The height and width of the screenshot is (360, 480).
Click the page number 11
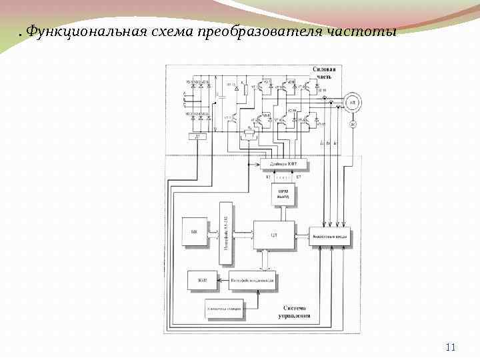tap(450, 347)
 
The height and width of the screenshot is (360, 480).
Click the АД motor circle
tap(351, 102)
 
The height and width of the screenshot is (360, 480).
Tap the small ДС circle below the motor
tap(353, 124)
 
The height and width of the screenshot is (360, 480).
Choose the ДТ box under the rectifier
tap(196, 136)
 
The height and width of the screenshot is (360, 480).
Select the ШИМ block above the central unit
tap(283, 195)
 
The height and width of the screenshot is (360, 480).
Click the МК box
tap(195, 233)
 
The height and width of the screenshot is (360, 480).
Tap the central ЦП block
tap(274, 235)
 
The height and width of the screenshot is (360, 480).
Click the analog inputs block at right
tap(329, 236)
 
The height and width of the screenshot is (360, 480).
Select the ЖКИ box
tap(202, 281)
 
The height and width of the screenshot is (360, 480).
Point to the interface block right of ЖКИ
tap(252, 281)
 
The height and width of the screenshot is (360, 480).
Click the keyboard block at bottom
tap(224, 309)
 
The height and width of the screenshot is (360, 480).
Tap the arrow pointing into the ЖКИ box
tap(223, 281)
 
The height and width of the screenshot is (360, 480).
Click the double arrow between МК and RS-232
tap(213, 233)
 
